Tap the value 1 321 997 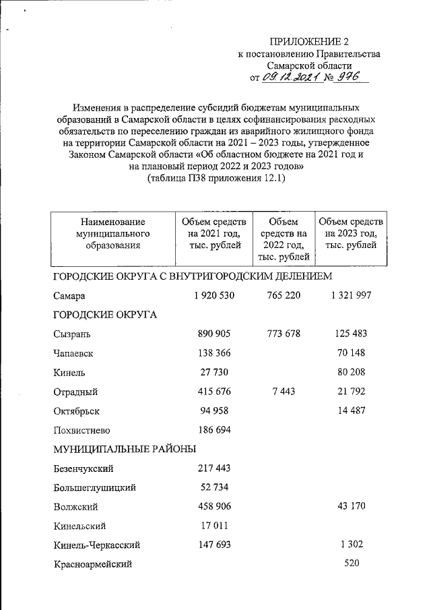[x=350, y=295]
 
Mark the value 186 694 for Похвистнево [x=211, y=429]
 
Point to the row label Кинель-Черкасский [x=94, y=544]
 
